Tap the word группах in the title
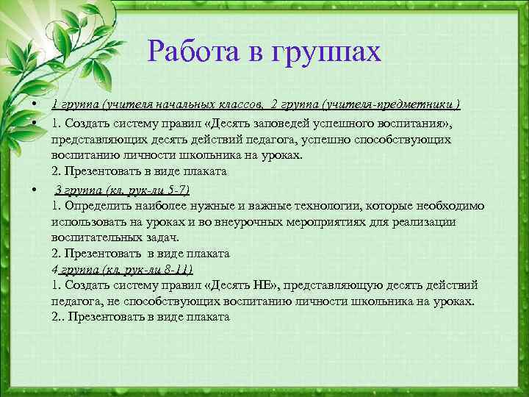click(326, 52)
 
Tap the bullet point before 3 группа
click(35, 190)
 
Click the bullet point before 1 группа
click(35, 104)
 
